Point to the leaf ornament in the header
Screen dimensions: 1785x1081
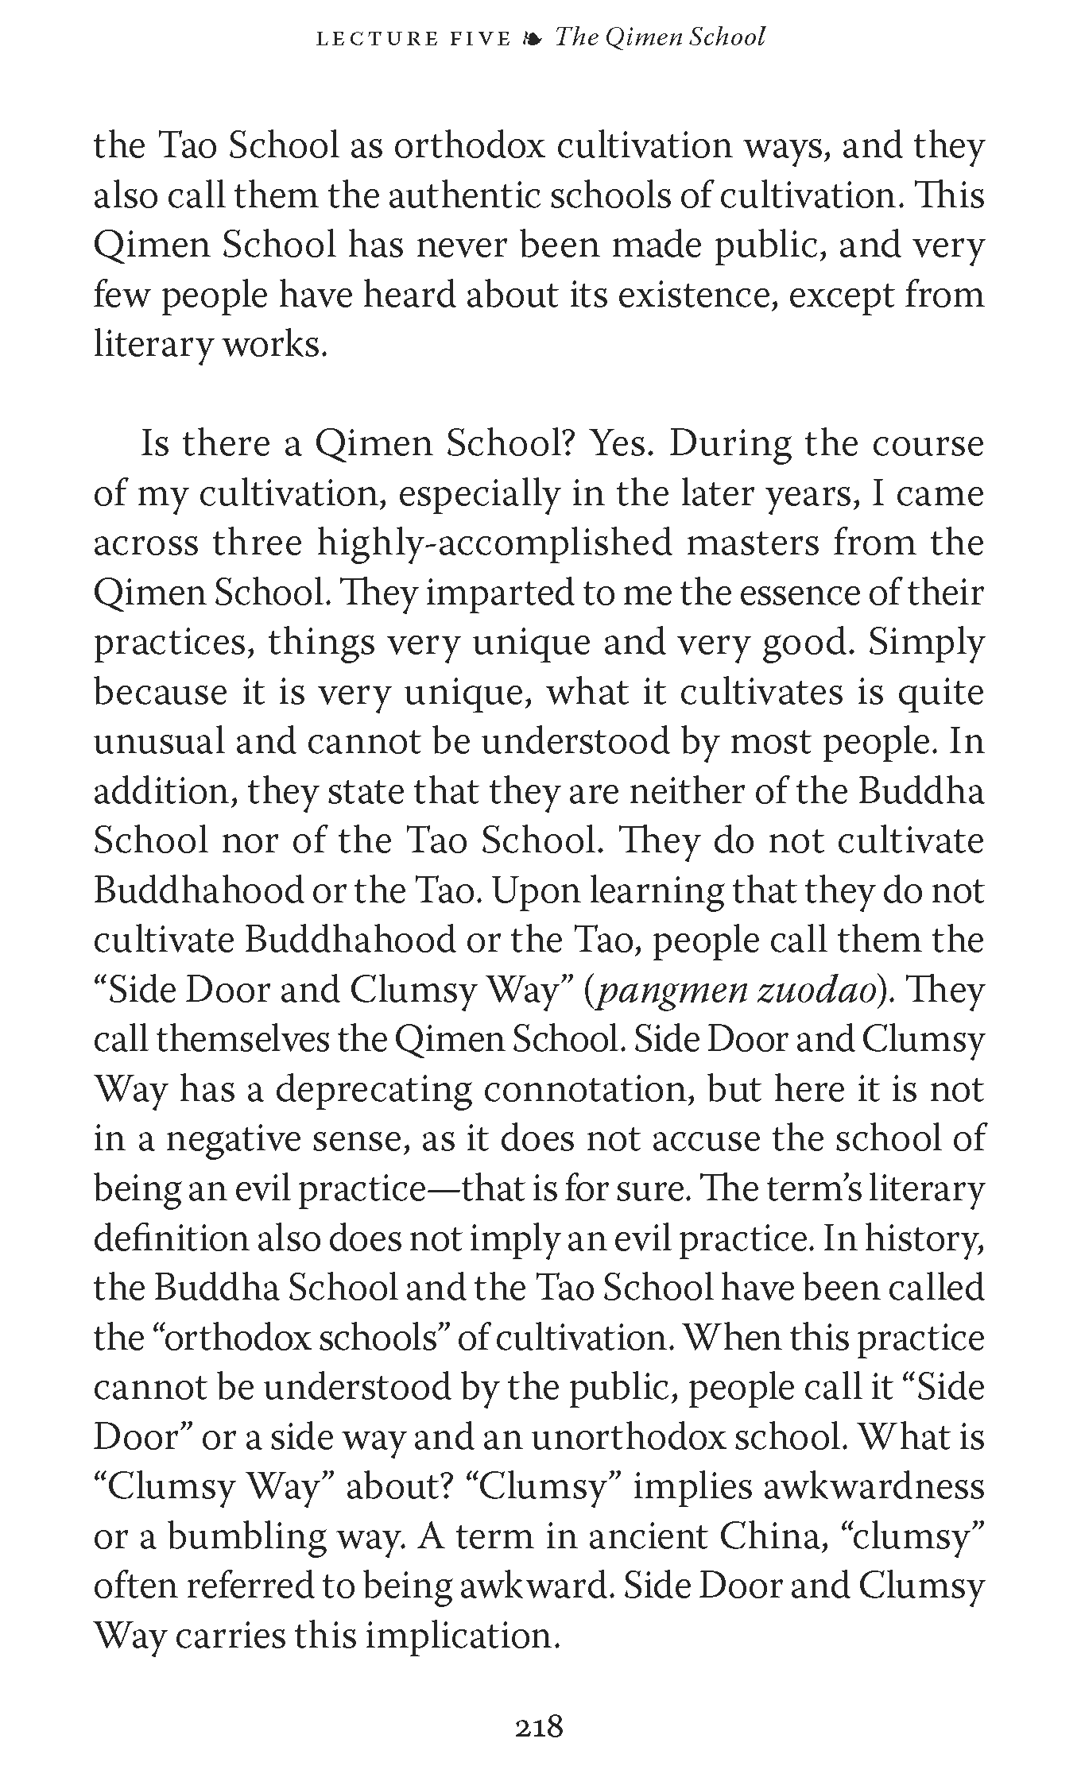(532, 38)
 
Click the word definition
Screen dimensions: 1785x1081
(165, 1238)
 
